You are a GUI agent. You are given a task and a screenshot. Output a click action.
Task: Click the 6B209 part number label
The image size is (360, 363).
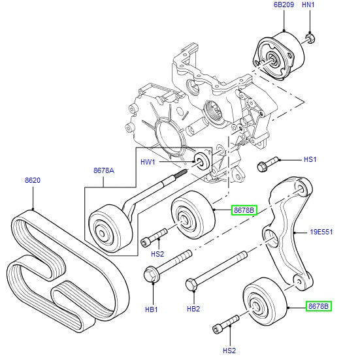284,5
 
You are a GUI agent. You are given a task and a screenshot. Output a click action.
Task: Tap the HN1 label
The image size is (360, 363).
309,5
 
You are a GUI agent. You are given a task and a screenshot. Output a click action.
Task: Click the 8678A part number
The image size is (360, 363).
103,170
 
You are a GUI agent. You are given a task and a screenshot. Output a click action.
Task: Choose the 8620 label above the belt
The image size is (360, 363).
33,181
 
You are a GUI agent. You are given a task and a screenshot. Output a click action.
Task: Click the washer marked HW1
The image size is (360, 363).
202,160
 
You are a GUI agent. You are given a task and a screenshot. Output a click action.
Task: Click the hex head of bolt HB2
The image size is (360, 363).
191,285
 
